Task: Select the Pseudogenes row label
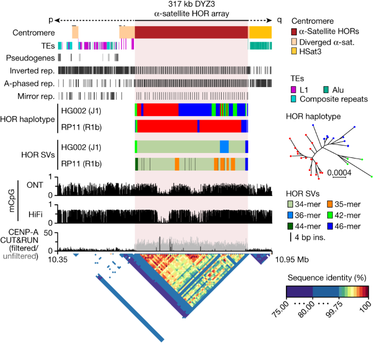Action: (30, 57)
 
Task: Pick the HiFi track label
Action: (34, 212)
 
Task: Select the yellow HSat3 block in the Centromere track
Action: (260, 32)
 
